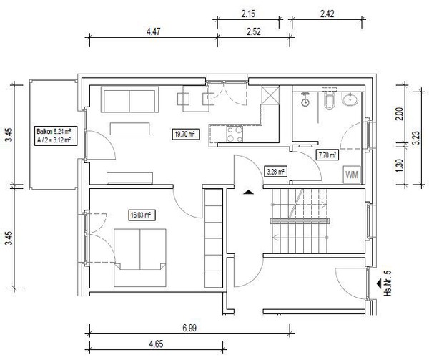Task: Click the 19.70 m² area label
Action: coord(186,134)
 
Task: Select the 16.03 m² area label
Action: coord(141,215)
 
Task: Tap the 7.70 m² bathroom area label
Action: coord(327,155)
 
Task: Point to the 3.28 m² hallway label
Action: coord(276,172)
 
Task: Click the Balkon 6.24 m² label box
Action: coord(55,136)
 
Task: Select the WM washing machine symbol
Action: coord(352,175)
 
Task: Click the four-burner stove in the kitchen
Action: coord(235,134)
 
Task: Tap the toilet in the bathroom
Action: coord(329,100)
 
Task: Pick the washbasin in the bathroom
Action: coord(350,99)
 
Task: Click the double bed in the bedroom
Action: coord(140,258)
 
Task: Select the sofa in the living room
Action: coord(129,99)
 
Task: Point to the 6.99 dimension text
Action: coord(189,328)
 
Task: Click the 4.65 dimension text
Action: coord(156,344)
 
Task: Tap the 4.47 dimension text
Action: coord(153,31)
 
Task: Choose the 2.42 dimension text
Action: coord(327,14)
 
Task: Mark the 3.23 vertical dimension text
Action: coord(415,138)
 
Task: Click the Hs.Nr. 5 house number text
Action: coord(388,283)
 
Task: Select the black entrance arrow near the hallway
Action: coord(248,192)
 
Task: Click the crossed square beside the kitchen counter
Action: coord(270,95)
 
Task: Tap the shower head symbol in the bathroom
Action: coord(305,99)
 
